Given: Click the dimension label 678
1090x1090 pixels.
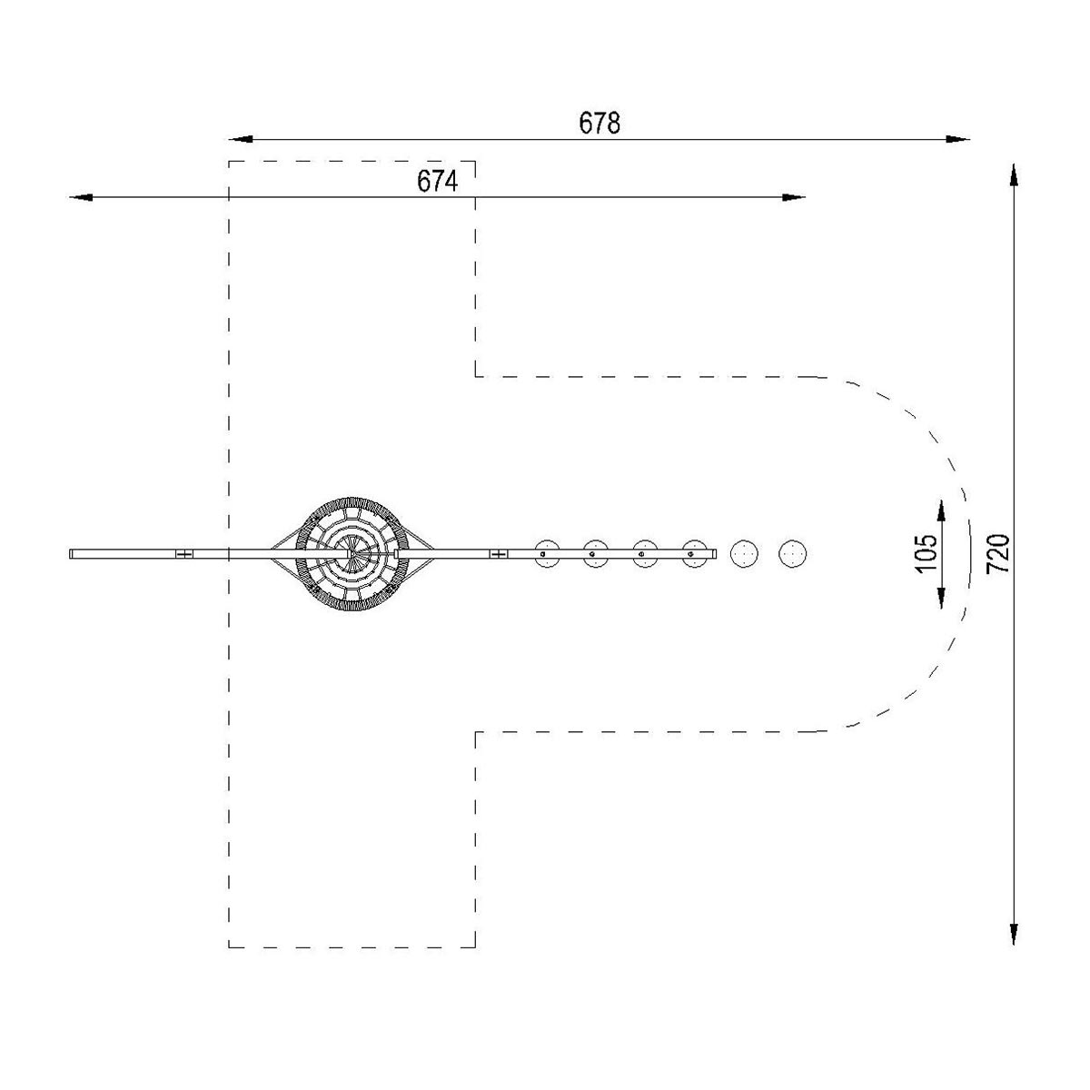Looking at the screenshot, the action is click(599, 123).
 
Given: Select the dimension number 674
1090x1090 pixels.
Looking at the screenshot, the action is click(437, 182).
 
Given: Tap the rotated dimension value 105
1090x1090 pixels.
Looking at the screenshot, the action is click(926, 554).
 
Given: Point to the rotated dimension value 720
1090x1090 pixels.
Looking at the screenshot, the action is click(997, 554).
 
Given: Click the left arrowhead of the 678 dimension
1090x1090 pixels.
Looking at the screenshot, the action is click(241, 139).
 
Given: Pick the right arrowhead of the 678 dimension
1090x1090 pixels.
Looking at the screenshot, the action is click(957, 139).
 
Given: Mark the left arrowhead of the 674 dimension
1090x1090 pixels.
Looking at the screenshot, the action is click(81, 197).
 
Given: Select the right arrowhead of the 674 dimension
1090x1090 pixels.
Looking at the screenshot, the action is click(792, 197).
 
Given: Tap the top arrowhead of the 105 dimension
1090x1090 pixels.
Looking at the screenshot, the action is click(941, 511).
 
